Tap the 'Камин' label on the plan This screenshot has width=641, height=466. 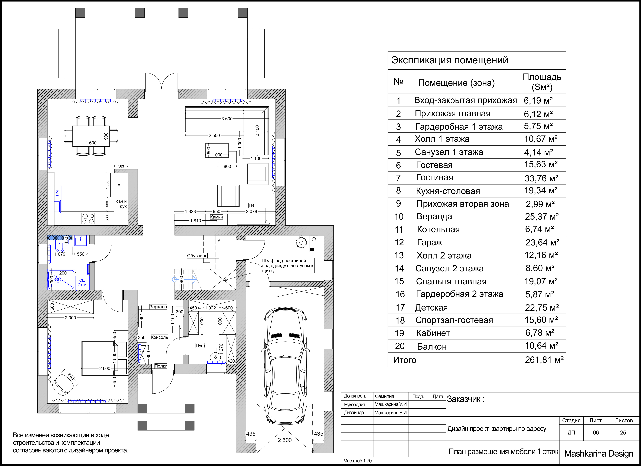216,217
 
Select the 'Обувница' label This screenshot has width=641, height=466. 197,256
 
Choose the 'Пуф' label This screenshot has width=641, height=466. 200,346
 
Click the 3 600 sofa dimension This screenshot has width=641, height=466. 227,119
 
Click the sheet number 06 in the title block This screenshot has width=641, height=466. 596,433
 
